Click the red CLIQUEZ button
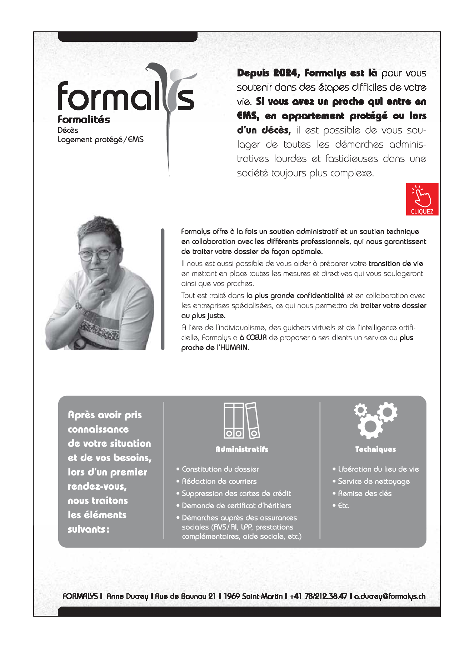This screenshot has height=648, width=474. click(x=422, y=199)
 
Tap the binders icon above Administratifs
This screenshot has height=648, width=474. click(x=242, y=420)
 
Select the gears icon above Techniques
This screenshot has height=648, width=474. click(x=375, y=420)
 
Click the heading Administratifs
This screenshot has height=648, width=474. click(x=242, y=449)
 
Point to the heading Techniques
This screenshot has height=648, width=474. click(x=375, y=449)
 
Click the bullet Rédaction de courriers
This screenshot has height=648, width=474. click(x=219, y=482)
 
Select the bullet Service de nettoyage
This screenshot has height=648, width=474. click(x=374, y=482)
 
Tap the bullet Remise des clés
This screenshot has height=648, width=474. click(x=365, y=494)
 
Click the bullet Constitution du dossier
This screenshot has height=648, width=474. click(x=220, y=469)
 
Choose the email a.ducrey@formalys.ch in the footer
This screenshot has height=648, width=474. click(x=390, y=596)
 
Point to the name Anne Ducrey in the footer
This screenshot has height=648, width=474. click(x=127, y=596)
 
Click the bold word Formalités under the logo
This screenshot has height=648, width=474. click(x=84, y=120)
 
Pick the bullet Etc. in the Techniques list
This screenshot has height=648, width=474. click(x=343, y=506)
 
